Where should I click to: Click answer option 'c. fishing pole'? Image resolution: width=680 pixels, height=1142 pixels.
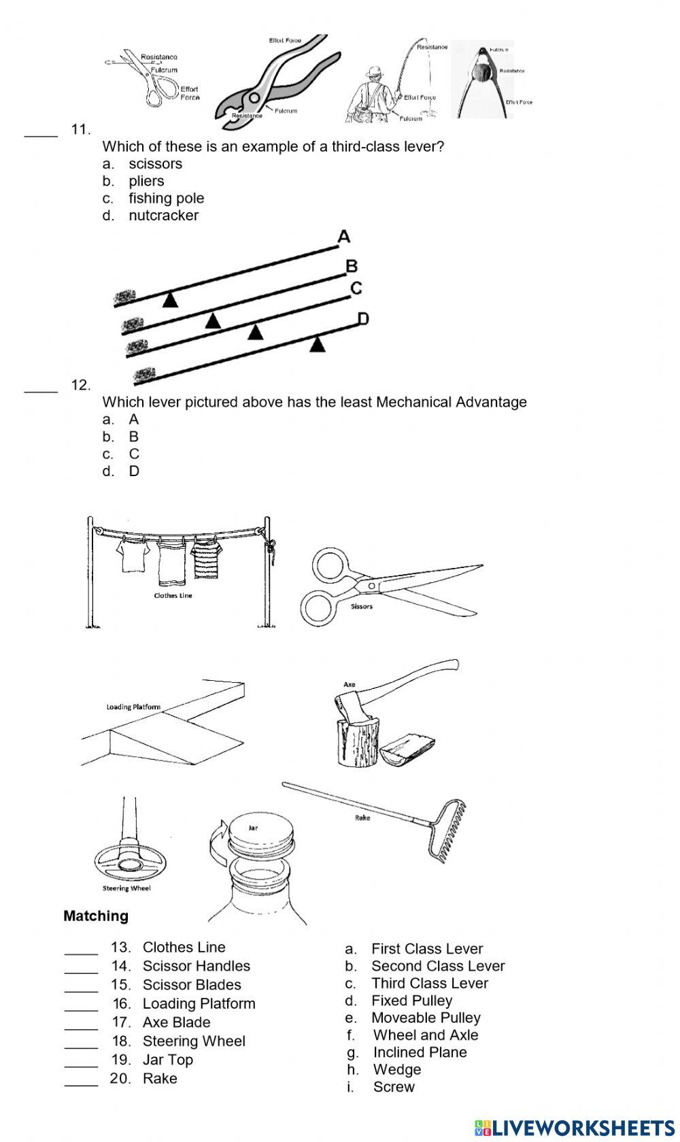(165, 198)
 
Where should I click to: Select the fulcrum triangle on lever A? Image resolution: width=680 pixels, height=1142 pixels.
(170, 299)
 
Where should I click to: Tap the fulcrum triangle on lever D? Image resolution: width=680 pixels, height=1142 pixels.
(317, 345)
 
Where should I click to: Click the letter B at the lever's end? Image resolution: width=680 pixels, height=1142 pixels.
(352, 266)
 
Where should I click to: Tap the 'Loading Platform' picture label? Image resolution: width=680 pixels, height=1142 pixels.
(133, 707)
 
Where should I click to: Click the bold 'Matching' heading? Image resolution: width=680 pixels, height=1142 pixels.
(96, 916)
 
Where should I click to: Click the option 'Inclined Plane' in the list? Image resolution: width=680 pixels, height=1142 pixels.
(420, 1052)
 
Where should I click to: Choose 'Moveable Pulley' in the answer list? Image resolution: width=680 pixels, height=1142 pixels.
(426, 1018)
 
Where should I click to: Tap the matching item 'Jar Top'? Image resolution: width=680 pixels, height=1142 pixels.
(167, 1060)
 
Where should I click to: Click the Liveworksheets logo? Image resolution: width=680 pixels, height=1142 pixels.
(575, 1127)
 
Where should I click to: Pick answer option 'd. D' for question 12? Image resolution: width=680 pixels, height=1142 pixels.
(133, 471)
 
